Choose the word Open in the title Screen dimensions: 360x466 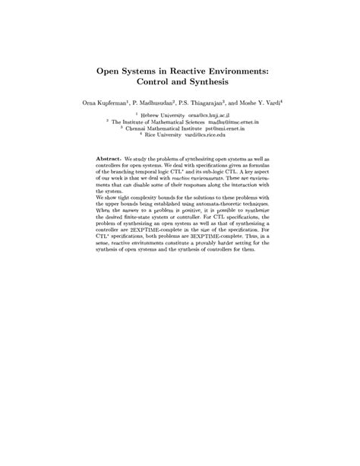tap(109, 68)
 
